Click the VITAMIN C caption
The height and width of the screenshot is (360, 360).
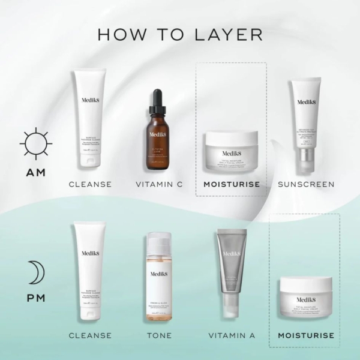coord(159,184)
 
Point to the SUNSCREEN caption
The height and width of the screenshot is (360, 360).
coord(306,184)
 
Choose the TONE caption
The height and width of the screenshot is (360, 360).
coord(159,335)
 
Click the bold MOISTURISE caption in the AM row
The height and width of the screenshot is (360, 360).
coord(232,184)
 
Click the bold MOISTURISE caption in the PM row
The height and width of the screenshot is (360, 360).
coord(305,335)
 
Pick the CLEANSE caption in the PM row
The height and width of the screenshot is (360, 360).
coord(90,335)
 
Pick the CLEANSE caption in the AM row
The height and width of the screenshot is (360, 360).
coord(90,184)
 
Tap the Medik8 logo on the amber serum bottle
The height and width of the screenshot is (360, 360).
coord(158,136)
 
